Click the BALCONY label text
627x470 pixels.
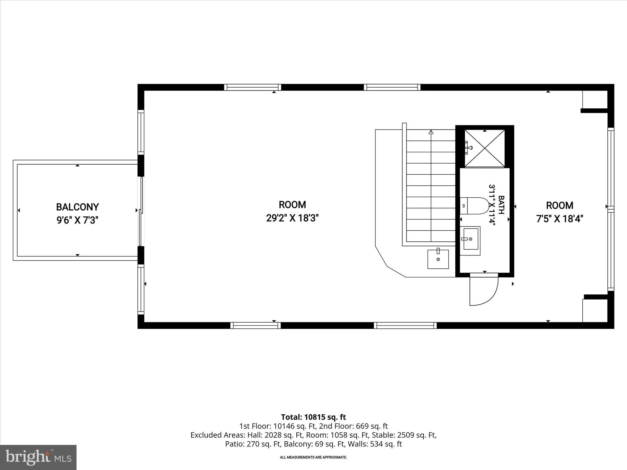click(77, 207)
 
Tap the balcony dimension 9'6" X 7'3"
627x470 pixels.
click(77, 220)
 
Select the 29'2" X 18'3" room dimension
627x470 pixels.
click(292, 218)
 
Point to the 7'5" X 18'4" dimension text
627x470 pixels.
click(560, 219)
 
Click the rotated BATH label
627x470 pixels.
click(501, 202)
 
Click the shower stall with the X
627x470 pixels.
click(485, 148)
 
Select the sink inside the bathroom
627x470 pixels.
click(470, 241)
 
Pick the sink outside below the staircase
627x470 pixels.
click(438, 259)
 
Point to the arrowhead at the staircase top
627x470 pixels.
click(431, 132)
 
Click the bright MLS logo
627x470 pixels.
click(38, 457)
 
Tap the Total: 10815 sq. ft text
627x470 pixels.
click(313, 417)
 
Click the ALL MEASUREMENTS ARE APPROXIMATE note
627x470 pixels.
click(313, 457)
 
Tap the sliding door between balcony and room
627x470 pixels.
click(141, 211)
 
